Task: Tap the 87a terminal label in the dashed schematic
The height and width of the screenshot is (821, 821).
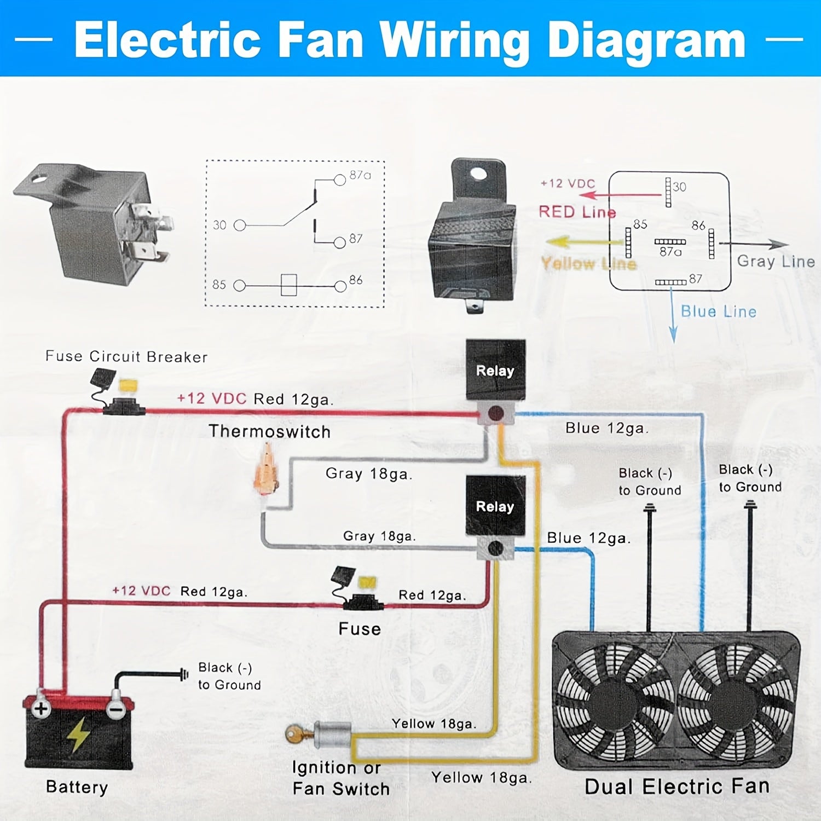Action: (360, 175)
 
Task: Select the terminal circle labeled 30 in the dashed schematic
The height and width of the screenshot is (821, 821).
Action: (240, 225)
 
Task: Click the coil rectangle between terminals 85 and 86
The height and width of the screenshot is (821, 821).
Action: (288, 285)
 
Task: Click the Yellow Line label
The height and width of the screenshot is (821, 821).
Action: (588, 264)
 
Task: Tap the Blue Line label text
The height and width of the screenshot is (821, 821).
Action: (718, 311)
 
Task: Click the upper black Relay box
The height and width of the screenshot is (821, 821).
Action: (495, 370)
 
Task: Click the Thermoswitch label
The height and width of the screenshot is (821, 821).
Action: (269, 431)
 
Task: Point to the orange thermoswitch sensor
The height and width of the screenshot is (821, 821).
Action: (267, 471)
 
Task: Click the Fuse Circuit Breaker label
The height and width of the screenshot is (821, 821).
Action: (126, 356)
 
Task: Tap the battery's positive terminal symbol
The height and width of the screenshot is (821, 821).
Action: (41, 708)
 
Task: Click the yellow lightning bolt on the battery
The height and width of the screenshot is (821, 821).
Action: (78, 734)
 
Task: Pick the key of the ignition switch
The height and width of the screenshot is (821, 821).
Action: (296, 733)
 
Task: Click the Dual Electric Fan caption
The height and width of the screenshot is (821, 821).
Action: (677, 787)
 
